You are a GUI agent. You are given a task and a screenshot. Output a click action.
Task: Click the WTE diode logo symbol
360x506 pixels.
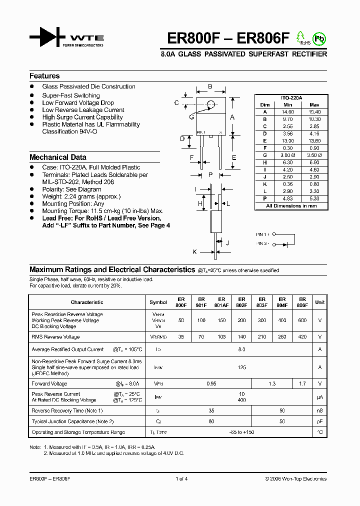pyautogui.click(x=47, y=37)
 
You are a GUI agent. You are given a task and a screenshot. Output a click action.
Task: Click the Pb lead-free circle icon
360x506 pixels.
pyautogui.click(x=318, y=38)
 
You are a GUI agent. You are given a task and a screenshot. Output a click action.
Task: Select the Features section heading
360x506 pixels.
pyautogui.click(x=44, y=76)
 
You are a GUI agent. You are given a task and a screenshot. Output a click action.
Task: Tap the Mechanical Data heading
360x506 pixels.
pyautogui.click(x=58, y=157)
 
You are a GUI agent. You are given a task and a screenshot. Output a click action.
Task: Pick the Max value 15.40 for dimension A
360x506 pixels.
pyautogui.click(x=314, y=112)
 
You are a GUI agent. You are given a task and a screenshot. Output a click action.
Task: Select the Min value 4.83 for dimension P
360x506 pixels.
pyautogui.click(x=287, y=198)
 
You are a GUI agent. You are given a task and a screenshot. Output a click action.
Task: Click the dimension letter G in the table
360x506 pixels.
pyautogui.click(x=265, y=155)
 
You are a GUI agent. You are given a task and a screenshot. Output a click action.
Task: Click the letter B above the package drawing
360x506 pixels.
pyautogui.click(x=210, y=86)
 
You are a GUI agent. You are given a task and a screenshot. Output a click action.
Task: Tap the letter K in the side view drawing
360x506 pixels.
pyautogui.click(x=194, y=251)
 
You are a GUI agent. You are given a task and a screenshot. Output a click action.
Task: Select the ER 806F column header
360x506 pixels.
pyautogui.click(x=302, y=302)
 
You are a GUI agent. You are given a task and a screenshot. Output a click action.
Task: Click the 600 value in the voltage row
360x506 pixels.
pyautogui.click(x=302, y=320)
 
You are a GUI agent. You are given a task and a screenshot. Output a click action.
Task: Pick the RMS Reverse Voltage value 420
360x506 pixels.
pyautogui.click(x=302, y=337)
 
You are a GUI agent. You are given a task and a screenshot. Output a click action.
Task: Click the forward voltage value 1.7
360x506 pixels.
pyautogui.click(x=302, y=384)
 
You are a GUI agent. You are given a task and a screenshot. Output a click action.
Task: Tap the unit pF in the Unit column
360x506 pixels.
pyautogui.click(x=320, y=421)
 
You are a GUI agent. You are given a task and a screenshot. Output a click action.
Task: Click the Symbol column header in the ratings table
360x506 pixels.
pyautogui.click(x=158, y=302)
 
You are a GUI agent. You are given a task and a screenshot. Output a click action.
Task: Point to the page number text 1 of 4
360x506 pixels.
pyautogui.click(x=181, y=479)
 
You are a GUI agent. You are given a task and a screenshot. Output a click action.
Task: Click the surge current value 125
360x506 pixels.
pyautogui.click(x=242, y=367)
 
